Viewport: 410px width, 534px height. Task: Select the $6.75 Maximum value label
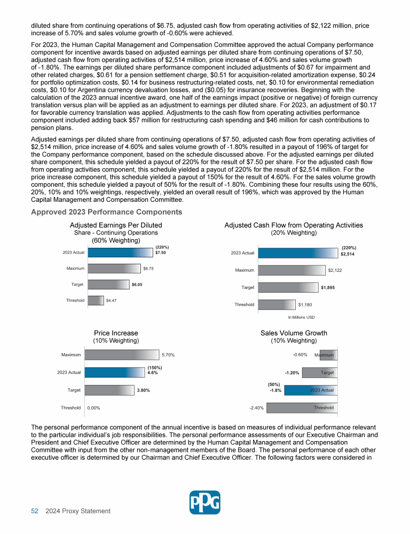click(148, 269)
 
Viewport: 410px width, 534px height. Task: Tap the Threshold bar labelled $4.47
click(96, 301)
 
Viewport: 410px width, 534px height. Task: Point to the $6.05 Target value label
click(137, 285)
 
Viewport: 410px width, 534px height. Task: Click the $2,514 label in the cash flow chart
click(348, 254)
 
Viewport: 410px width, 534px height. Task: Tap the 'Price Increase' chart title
click(116, 333)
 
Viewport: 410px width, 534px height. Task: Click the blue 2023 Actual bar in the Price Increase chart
click(115, 373)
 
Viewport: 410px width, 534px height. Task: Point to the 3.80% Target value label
click(143, 390)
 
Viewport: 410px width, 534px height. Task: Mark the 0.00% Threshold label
click(94, 408)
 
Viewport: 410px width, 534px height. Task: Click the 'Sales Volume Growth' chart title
click(294, 333)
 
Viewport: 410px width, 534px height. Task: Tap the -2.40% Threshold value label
click(257, 408)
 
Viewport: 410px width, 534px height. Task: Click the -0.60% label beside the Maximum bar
click(299, 355)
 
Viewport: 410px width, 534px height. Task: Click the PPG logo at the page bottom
click(205, 502)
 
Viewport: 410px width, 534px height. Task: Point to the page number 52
click(34, 511)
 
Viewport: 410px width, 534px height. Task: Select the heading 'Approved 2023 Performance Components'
click(107, 212)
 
